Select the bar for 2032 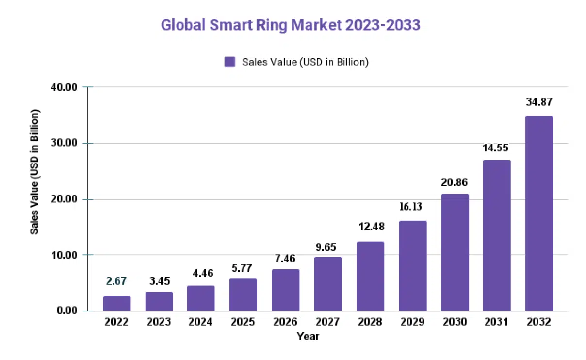539,213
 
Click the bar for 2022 116,303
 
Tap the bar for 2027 328,284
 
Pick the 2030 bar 455,252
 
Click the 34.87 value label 539,102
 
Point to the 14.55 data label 497,148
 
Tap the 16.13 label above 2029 412,207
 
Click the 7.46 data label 285,258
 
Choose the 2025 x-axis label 243,322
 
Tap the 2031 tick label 497,322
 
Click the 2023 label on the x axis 158,322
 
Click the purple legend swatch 230,62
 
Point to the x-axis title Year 308,336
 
